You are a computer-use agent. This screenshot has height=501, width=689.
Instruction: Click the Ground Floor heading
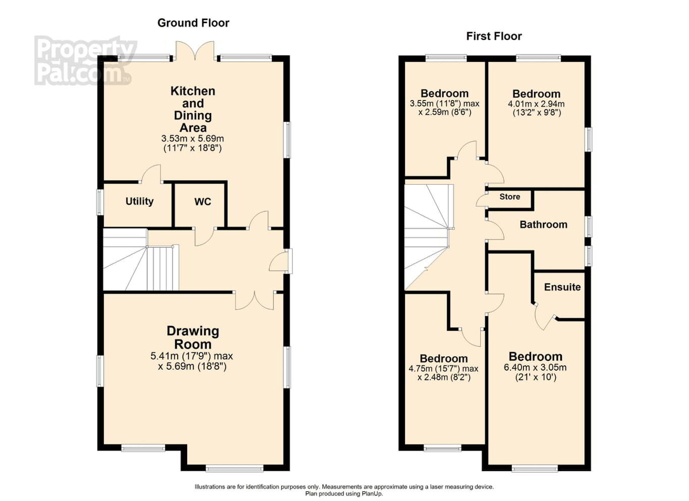[193, 23]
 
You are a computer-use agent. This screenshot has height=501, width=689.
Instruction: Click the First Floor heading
[494, 36]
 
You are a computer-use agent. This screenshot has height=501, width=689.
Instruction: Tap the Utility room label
[139, 201]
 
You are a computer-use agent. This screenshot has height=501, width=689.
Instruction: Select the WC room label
[203, 202]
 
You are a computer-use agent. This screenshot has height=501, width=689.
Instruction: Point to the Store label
[509, 197]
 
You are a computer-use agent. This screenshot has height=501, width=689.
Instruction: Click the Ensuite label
[562, 287]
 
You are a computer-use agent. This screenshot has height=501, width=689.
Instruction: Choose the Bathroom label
[544, 225]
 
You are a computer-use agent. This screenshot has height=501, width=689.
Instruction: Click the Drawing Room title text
[193, 338]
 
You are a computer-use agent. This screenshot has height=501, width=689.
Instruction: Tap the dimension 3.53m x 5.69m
[193, 138]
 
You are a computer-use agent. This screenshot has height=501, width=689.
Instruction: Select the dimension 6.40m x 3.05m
[535, 367]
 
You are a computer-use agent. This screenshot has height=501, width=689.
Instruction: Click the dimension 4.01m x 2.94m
[536, 104]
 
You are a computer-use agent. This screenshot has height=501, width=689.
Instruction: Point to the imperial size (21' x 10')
[536, 377]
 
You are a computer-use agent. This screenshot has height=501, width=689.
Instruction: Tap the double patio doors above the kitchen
[195, 51]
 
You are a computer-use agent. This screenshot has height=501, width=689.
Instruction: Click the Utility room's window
[100, 202]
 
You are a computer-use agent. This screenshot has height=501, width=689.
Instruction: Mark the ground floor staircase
[141, 259]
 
